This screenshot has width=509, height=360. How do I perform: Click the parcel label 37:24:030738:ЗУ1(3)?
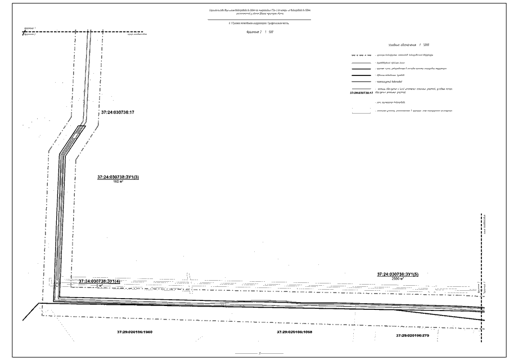click(x=118, y=177)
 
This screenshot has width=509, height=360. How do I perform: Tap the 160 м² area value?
click(x=118, y=182)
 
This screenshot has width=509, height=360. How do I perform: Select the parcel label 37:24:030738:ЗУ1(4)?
click(x=100, y=281)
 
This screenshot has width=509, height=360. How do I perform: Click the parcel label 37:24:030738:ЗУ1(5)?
click(x=398, y=274)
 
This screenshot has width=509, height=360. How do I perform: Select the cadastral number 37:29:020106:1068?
click(x=295, y=332)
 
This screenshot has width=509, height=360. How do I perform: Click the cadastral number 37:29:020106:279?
click(x=412, y=335)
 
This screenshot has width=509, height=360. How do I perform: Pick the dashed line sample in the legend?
click(x=361, y=55)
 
